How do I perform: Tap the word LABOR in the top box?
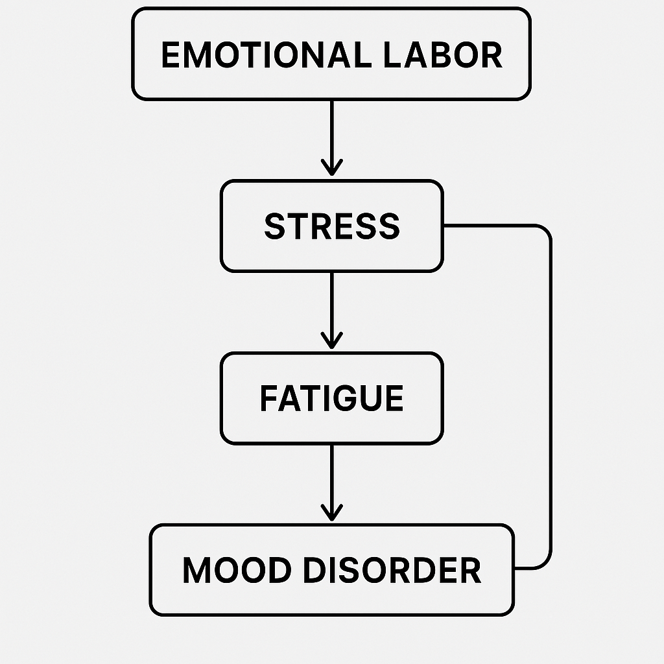click(x=442, y=55)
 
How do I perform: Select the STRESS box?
click(x=331, y=226)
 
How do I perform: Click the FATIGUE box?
click(x=331, y=398)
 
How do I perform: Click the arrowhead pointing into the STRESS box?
click(x=331, y=171)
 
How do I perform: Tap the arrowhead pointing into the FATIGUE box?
click(x=331, y=342)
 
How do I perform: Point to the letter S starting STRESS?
click(x=274, y=226)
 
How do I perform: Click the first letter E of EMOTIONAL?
click(x=170, y=55)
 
